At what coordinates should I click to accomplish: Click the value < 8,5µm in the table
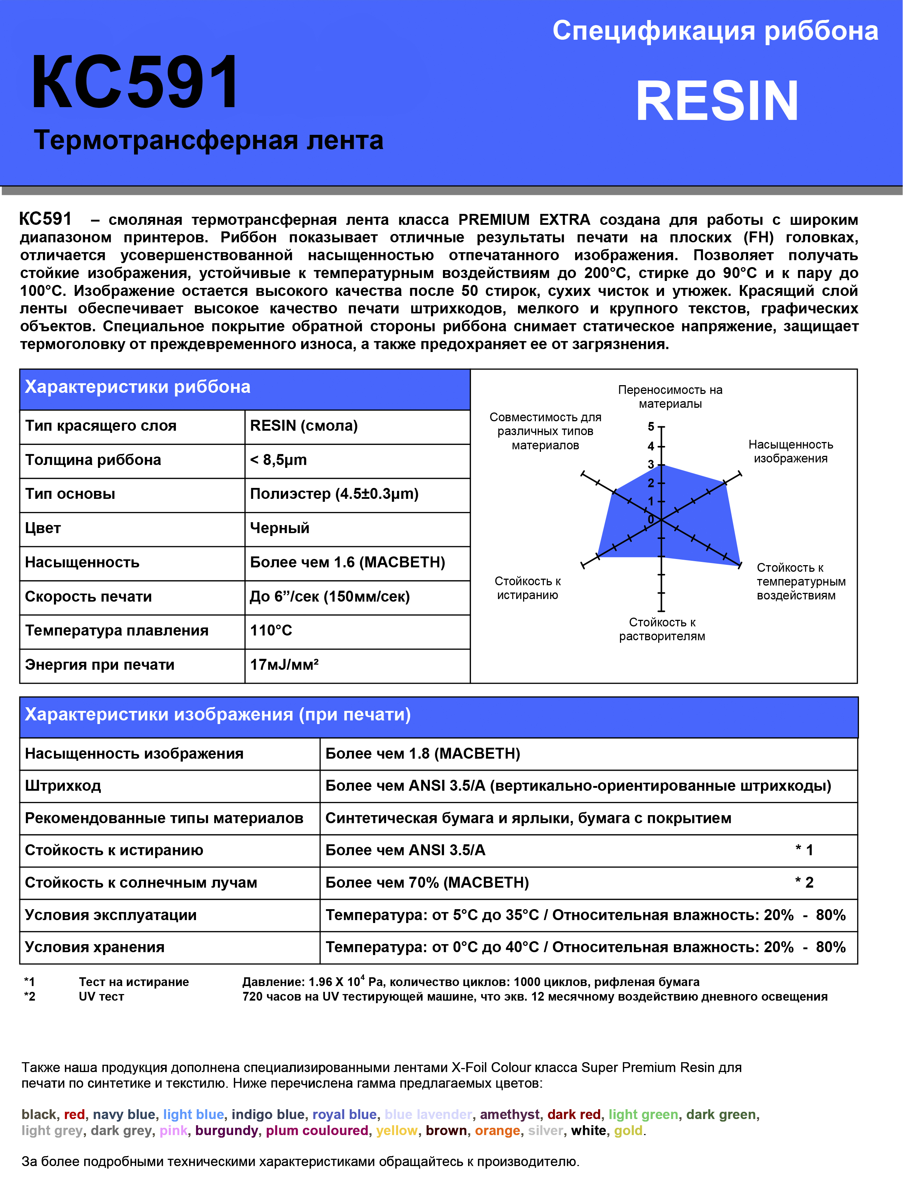[x=278, y=460]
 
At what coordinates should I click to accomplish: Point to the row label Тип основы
[x=70, y=494]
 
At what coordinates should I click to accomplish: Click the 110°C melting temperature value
[x=271, y=630]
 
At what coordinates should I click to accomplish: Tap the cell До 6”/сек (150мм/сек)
[x=330, y=597]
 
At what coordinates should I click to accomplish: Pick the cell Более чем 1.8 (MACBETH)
[x=423, y=754]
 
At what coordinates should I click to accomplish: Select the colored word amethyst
[x=510, y=1114]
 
